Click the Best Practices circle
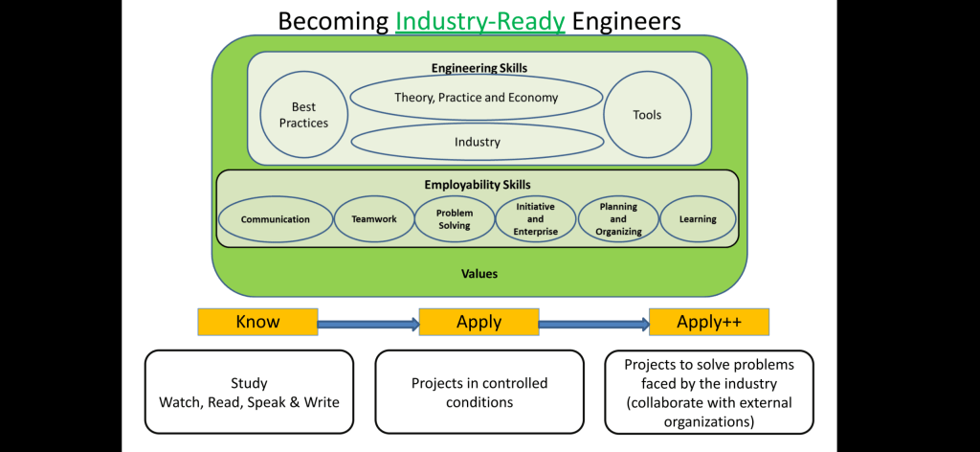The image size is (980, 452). tap(303, 115)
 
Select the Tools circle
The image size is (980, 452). tap(647, 115)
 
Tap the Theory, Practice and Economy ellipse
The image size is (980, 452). tap(477, 98)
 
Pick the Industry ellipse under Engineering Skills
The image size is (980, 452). tap(477, 142)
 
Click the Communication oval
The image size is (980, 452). tap(276, 219)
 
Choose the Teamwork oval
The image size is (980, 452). tap(373, 219)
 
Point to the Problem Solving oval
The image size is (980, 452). tap(454, 219)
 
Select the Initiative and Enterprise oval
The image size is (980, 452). tap(535, 219)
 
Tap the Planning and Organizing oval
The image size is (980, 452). tap(618, 219)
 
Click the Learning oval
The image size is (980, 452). tap(698, 219)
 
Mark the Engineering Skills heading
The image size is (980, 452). tap(479, 68)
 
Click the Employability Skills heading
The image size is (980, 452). tap(478, 184)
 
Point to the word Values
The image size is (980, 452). tap(479, 274)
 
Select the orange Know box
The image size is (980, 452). tap(257, 322)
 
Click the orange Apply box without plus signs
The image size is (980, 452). tap(479, 322)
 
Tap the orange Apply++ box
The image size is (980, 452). tap(709, 322)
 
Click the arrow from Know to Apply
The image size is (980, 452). tap(367, 325)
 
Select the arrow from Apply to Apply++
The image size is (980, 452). tap(593, 325)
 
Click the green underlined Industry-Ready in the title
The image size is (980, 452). tap(480, 20)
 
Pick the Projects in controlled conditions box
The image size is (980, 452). tap(479, 392)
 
